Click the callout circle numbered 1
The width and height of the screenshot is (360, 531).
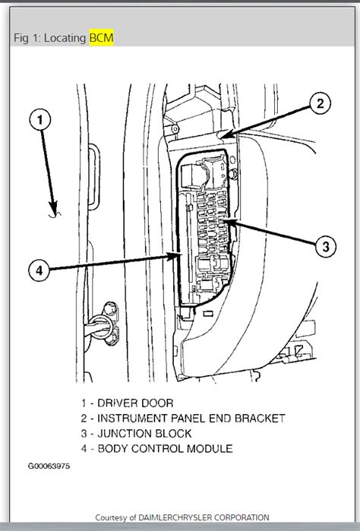point(42,120)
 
